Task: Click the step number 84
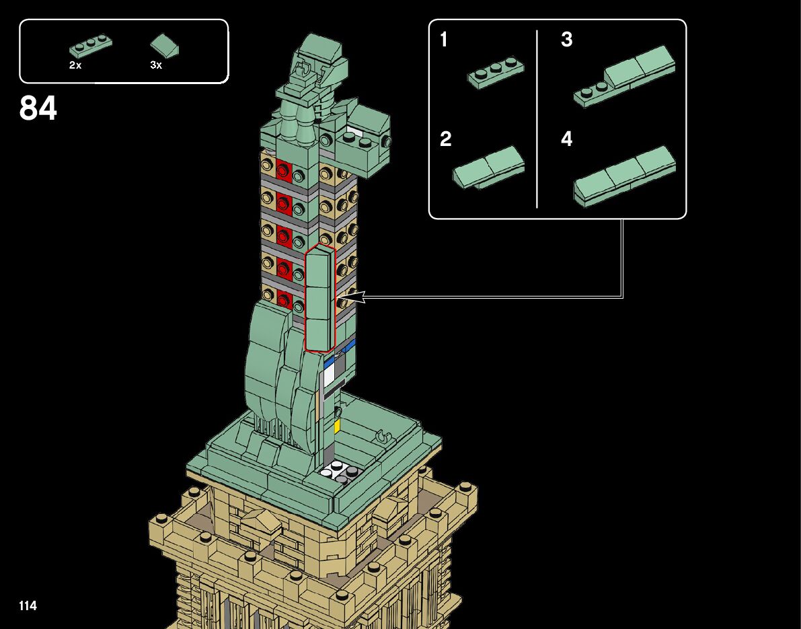[x=38, y=108]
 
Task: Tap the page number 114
[x=28, y=605]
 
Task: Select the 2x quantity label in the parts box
[x=75, y=65]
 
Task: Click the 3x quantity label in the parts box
[x=156, y=65]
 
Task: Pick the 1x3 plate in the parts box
[x=90, y=46]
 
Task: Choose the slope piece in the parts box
[x=165, y=46]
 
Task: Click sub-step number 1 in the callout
[x=443, y=39]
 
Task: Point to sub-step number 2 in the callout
[x=445, y=139]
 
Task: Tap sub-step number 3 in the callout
[x=566, y=39]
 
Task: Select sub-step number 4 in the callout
[x=566, y=139]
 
